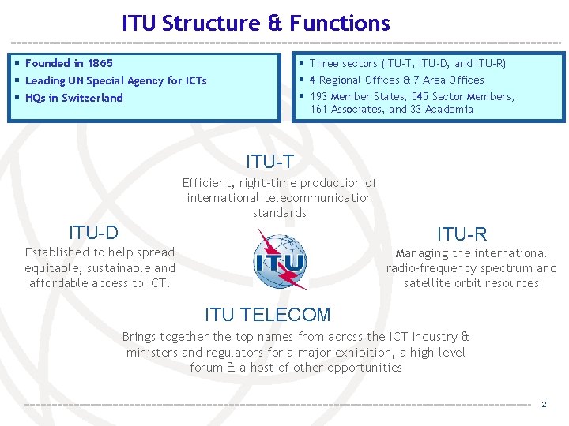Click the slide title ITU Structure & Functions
pyautogui.click(x=256, y=24)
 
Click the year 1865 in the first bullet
pyautogui.click(x=100, y=63)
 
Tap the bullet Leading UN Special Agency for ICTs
pyautogui.click(x=115, y=80)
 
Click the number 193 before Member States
pyautogui.click(x=318, y=96)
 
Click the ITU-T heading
pyautogui.click(x=269, y=162)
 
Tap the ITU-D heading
pyautogui.click(x=93, y=233)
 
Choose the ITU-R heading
pyautogui.click(x=462, y=234)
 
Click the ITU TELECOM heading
pyautogui.click(x=267, y=315)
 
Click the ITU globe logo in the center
pyautogui.click(x=280, y=260)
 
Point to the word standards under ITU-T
pyautogui.click(x=280, y=213)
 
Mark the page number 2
pyautogui.click(x=544, y=405)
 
